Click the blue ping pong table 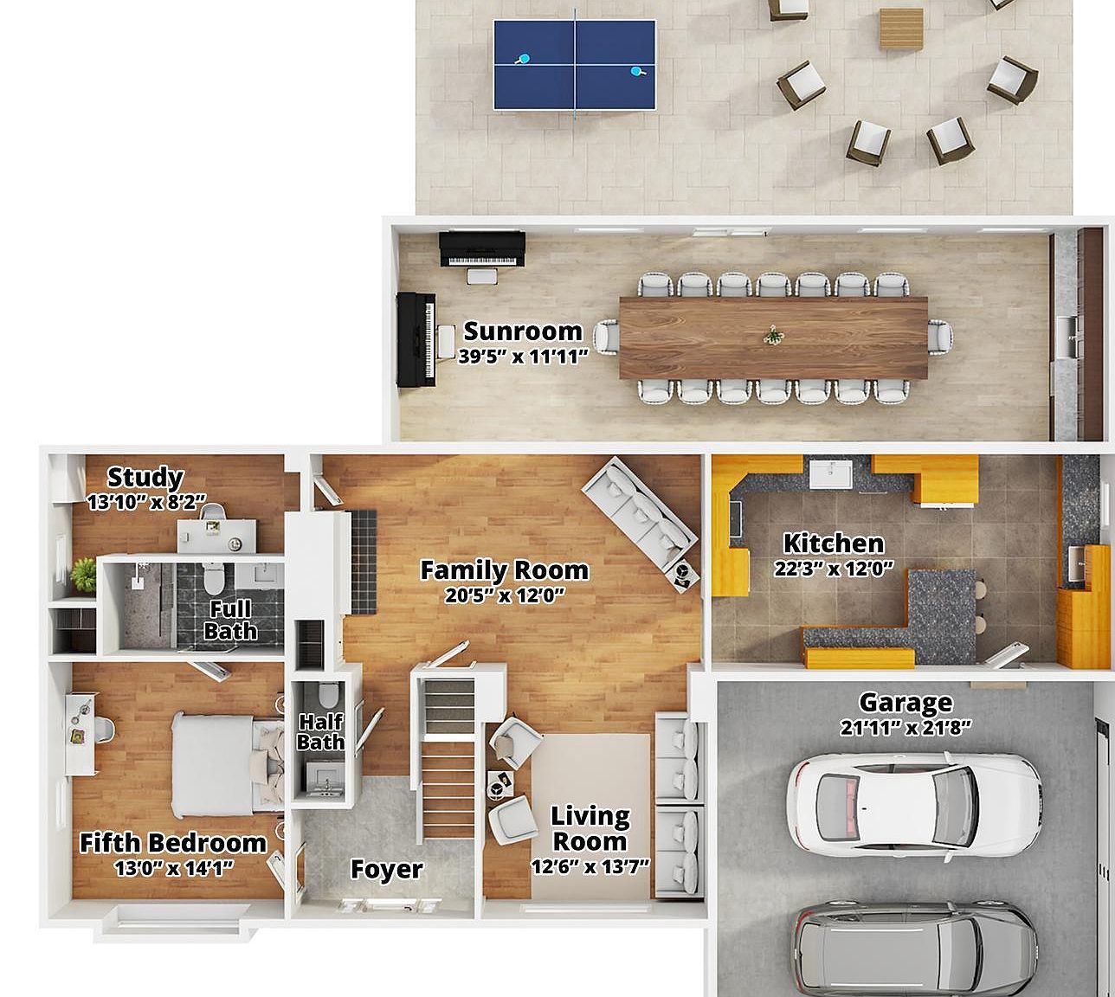[574, 65]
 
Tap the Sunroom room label [523, 331]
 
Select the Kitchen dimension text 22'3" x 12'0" [834, 569]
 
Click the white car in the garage [913, 801]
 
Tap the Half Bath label [320, 731]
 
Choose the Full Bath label [230, 620]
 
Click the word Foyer [386, 869]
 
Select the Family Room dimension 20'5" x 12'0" [504, 595]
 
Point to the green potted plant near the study [84, 573]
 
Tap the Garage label [905, 702]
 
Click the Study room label [145, 477]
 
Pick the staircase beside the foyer [448, 757]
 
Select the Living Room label [590, 827]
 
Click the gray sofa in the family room [639, 511]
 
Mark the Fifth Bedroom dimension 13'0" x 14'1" [174, 868]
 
